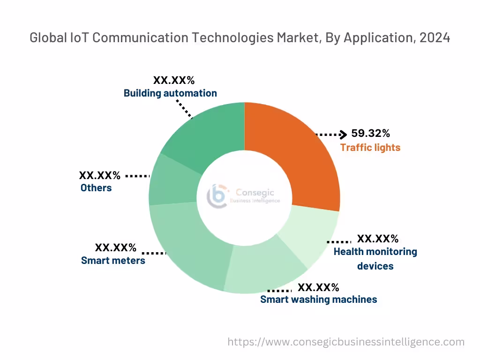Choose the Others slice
pos(171,180)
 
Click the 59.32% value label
pos(370,134)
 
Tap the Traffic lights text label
pos(370,148)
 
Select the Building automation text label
pos(170,93)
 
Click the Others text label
pos(96,188)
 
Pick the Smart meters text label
pos(113,261)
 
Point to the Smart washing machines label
pos(318,299)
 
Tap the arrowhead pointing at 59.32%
pos(344,135)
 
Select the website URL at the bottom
pos(346,342)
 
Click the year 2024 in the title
pos(435,38)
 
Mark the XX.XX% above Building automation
pos(174,80)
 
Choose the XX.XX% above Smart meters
pos(116,247)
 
